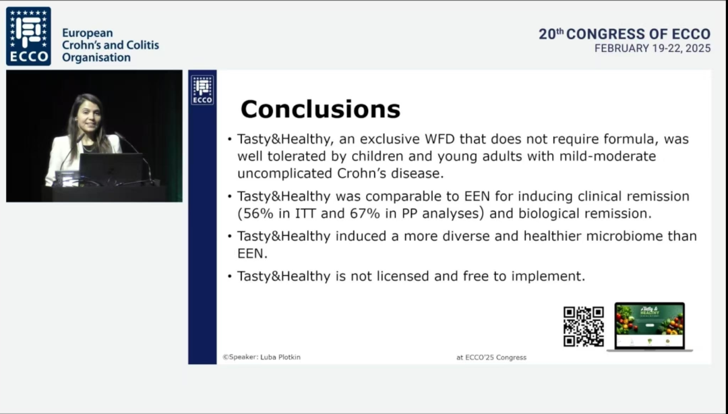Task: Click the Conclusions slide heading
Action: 320,109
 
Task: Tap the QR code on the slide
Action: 584,326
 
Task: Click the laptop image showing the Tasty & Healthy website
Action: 650,326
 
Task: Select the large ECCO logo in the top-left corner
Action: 28,36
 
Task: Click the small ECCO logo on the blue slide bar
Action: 202,90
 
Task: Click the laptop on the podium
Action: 111,168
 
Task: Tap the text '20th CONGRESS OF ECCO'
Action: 624,34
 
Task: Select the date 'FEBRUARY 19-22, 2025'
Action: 653,49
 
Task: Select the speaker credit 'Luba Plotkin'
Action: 280,357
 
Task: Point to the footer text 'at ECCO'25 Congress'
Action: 491,357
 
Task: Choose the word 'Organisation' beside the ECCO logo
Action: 96,57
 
